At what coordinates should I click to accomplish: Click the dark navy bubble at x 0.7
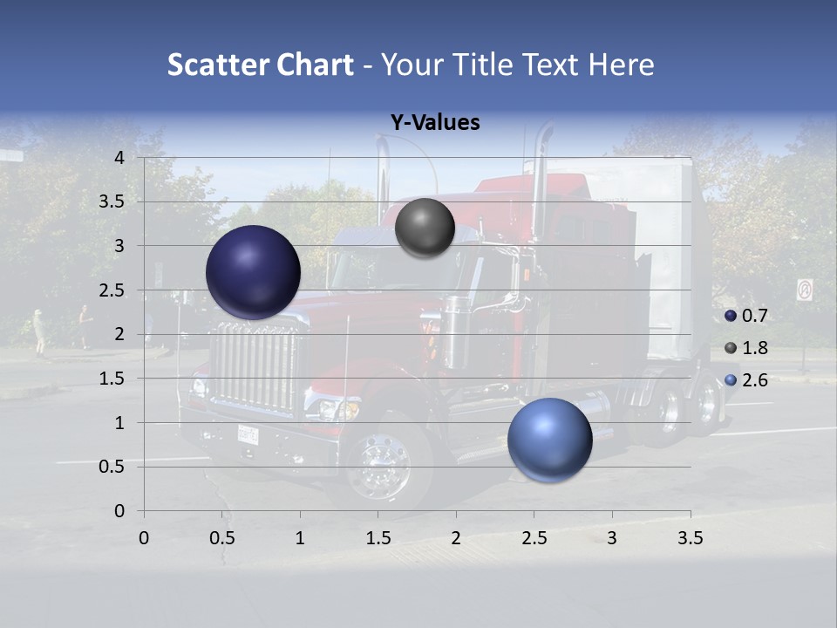pyautogui.click(x=254, y=272)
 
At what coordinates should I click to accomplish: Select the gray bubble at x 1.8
pyautogui.click(x=425, y=228)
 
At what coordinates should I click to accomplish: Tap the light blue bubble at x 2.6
pyautogui.click(x=549, y=440)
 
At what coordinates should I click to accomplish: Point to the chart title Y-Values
pyautogui.click(x=435, y=123)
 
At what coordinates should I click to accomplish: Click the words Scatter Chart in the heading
pyautogui.click(x=260, y=65)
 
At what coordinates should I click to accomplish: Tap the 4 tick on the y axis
pyautogui.click(x=119, y=157)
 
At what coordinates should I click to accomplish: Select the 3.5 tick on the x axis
pyautogui.click(x=690, y=538)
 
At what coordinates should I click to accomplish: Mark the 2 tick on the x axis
pyautogui.click(x=456, y=538)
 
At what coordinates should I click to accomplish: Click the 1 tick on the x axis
pyautogui.click(x=300, y=538)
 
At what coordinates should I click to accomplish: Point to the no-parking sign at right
pyautogui.click(x=804, y=290)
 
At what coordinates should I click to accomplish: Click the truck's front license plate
pyautogui.click(x=248, y=433)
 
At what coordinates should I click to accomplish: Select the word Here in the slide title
pyautogui.click(x=620, y=65)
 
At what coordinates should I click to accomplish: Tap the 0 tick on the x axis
pyautogui.click(x=144, y=538)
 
